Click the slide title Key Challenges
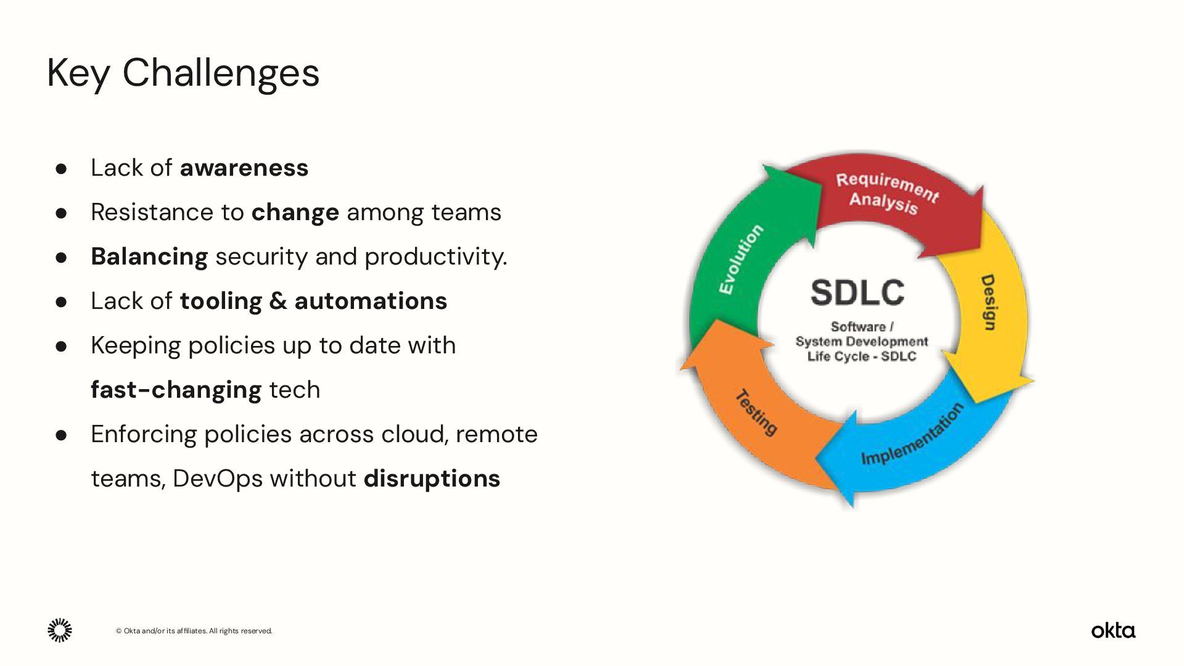click(x=183, y=73)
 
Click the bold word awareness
click(x=244, y=168)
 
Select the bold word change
click(x=295, y=212)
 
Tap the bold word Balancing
click(x=149, y=257)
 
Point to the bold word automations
click(x=371, y=301)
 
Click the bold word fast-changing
click(x=176, y=390)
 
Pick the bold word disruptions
click(x=432, y=479)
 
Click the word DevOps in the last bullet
click(x=217, y=479)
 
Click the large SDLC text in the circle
click(x=857, y=292)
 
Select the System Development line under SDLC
click(x=861, y=342)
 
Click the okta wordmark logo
click(x=1113, y=630)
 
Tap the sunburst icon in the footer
click(x=60, y=630)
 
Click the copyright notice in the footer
click(x=194, y=631)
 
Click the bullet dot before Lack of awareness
click(x=61, y=168)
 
